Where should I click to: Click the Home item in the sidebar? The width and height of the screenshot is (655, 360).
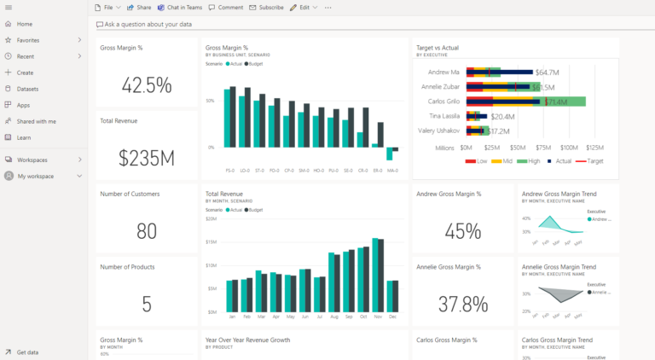[x=24, y=24]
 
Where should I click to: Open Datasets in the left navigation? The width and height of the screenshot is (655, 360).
[x=27, y=89]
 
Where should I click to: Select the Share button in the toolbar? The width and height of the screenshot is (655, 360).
[x=139, y=7]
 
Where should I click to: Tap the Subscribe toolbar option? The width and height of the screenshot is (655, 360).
[x=266, y=7]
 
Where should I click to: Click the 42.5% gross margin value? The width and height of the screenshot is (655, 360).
[x=146, y=85]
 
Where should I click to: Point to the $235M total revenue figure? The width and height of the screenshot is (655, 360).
[x=146, y=158]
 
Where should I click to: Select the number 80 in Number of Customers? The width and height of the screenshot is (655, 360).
[x=146, y=231]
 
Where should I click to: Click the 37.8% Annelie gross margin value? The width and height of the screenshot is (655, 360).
[x=462, y=304]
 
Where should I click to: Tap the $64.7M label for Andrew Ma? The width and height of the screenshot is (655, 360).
[x=547, y=73]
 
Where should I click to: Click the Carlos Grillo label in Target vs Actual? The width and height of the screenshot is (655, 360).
[x=440, y=102]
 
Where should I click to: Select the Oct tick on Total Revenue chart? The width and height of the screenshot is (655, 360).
[x=364, y=316]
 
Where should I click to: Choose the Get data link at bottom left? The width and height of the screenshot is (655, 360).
[x=27, y=351]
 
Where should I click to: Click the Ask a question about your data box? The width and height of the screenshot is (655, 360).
[x=148, y=25]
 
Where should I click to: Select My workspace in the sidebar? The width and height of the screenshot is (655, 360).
[x=35, y=176]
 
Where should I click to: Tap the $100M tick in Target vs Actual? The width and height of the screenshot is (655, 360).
[x=569, y=148]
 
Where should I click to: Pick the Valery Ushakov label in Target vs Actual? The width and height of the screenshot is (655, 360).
[x=439, y=131]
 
